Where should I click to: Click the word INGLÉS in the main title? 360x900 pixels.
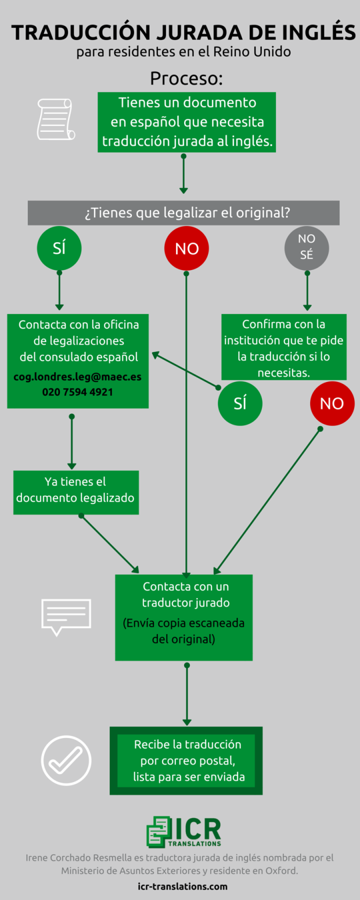click(318, 32)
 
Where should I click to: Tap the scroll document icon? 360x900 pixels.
click(56, 120)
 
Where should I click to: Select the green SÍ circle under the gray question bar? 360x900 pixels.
click(59, 249)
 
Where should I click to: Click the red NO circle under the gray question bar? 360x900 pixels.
click(186, 249)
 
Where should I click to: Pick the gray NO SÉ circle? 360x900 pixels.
click(307, 249)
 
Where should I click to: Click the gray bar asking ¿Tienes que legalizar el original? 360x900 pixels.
click(183, 213)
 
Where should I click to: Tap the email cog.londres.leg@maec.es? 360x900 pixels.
click(78, 377)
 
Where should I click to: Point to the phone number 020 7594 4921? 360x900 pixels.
click(78, 392)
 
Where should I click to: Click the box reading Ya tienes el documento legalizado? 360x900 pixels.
click(76, 492)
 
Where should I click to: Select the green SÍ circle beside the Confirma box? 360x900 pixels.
click(240, 404)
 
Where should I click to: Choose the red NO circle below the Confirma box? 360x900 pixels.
click(332, 404)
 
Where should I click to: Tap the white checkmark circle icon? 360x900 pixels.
click(66, 761)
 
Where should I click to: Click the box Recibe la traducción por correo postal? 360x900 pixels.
click(186, 761)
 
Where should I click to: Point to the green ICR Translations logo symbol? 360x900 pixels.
click(158, 833)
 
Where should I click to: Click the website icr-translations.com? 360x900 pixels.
click(182, 886)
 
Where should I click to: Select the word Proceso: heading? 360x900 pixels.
click(186, 78)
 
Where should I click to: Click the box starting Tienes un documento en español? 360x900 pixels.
click(187, 122)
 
